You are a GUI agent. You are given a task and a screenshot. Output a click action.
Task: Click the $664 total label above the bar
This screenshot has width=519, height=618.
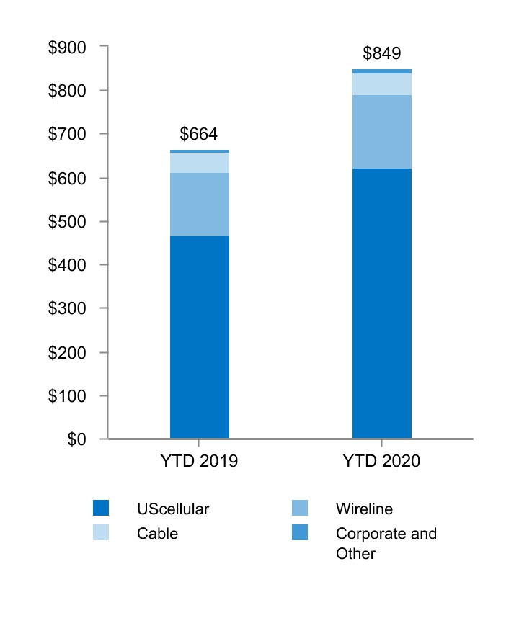point(198,134)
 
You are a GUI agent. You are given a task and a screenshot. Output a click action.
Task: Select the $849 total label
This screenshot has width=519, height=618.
point(381,54)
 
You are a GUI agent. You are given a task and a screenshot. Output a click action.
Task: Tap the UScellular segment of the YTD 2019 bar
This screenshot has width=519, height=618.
point(200,336)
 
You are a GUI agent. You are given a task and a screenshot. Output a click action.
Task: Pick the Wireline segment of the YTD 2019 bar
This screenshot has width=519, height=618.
point(200,205)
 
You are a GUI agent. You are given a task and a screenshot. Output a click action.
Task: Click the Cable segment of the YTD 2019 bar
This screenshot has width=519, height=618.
point(200,163)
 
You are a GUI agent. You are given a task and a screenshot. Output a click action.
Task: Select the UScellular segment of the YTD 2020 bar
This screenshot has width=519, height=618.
point(381,303)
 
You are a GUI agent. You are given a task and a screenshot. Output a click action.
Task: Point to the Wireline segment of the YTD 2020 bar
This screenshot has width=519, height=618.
point(381,132)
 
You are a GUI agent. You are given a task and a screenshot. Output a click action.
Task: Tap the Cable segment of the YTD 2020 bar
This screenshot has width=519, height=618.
point(381,84)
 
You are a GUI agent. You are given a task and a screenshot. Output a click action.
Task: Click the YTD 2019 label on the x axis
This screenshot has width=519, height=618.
point(198,461)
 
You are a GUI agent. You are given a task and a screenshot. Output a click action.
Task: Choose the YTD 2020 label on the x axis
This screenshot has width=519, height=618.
point(381,461)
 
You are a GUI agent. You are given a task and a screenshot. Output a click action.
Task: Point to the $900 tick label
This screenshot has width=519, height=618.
point(66,48)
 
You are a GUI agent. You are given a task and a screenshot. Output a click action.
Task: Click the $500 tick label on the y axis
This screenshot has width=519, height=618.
point(66,222)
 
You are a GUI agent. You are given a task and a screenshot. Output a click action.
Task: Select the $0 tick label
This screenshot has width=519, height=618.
point(76,439)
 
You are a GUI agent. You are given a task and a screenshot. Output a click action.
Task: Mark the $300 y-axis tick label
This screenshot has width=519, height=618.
point(66,309)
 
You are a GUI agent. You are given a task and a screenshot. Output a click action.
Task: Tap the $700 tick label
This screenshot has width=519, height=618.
point(66,135)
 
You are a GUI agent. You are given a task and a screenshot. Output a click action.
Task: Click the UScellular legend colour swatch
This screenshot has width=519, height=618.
point(101,509)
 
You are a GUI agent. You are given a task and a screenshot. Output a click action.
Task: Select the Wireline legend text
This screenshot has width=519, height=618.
point(364,509)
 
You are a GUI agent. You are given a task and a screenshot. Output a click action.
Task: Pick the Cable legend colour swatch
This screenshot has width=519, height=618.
point(101,534)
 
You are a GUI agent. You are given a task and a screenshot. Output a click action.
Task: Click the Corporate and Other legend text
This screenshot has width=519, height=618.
point(386,544)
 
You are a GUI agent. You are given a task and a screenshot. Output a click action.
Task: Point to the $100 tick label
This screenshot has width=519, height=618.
point(66,396)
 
